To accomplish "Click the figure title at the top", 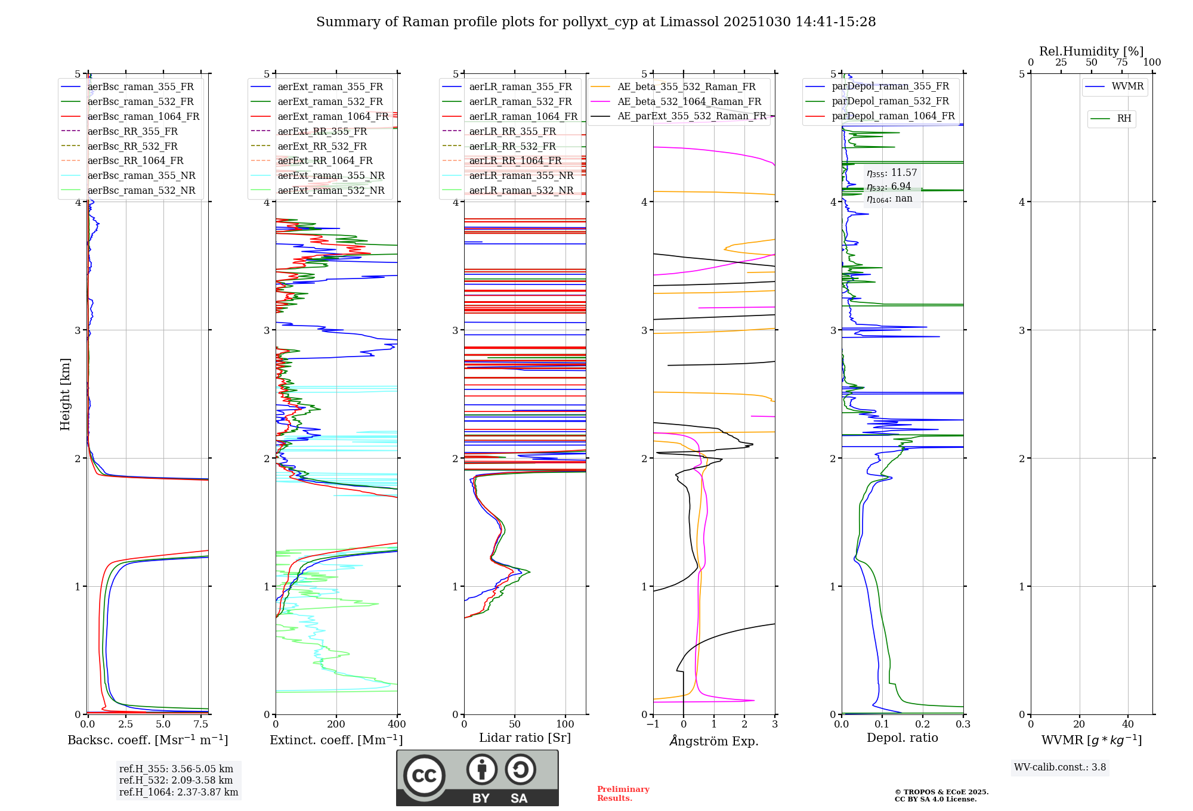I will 596,22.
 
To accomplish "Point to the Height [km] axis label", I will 65,394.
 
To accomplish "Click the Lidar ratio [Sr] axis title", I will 525,738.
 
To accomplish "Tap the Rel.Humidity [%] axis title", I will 1091,51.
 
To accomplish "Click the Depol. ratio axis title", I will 902,738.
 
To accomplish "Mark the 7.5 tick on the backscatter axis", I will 201,725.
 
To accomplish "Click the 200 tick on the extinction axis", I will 336,725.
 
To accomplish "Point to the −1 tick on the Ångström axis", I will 653,725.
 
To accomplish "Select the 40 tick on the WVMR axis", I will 1127,725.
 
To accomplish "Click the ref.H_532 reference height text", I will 175,780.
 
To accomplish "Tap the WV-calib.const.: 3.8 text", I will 1060,767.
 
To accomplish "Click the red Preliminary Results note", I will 623,794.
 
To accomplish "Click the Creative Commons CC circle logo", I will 424,775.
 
